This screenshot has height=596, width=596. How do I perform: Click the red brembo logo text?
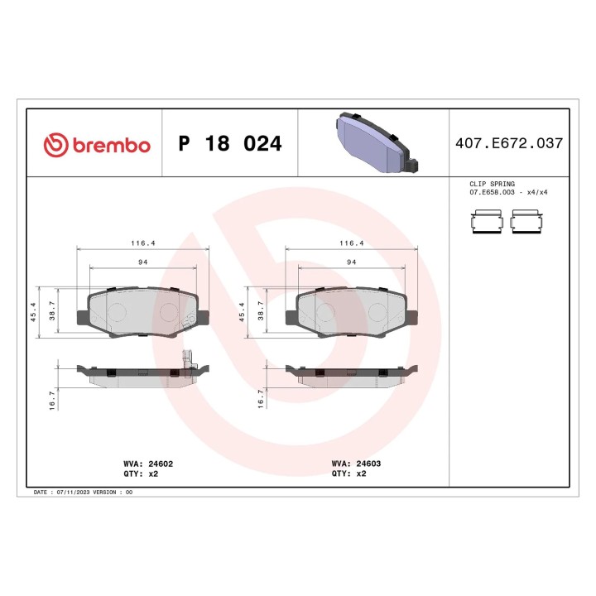[x=112, y=146]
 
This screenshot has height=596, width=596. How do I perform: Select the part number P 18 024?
[x=230, y=143]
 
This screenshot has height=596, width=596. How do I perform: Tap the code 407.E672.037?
[x=509, y=143]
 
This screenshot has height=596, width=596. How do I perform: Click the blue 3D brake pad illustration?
[x=377, y=142]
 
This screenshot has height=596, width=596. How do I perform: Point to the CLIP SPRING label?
[x=492, y=184]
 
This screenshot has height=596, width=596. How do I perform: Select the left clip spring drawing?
[x=487, y=221]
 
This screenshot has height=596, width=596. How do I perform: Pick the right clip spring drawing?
[x=526, y=221]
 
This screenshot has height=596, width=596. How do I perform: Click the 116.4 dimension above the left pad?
[x=143, y=243]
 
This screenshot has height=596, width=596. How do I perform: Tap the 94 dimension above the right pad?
[x=352, y=262]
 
